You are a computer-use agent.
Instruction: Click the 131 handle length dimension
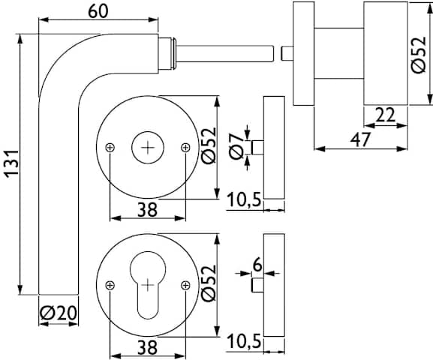[13, 163]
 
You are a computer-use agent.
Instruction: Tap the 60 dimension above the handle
[98, 11]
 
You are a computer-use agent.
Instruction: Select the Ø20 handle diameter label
[59, 313]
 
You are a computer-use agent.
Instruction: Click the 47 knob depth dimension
[360, 139]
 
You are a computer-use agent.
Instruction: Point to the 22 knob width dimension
[386, 115]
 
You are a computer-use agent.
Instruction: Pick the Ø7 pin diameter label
[236, 146]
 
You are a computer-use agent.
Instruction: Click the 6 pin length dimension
[257, 265]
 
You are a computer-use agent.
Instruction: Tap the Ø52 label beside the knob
[418, 55]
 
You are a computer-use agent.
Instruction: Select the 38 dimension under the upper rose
[147, 209]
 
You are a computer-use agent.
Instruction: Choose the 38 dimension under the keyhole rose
[147, 347]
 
